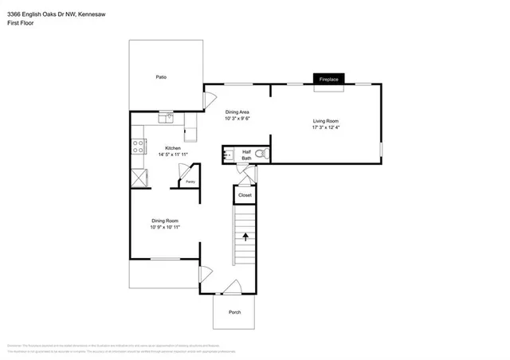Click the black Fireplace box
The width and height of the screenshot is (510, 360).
click(328, 80)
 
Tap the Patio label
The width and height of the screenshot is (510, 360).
click(161, 77)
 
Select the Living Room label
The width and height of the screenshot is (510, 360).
click(326, 120)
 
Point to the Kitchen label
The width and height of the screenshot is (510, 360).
click(173, 148)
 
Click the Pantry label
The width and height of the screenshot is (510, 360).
click(190, 182)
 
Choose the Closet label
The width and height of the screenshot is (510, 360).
click(245, 195)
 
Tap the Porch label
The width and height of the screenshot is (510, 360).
click(235, 311)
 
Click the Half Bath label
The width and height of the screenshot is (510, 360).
click(247, 155)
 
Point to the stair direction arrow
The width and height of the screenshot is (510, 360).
click(245, 236)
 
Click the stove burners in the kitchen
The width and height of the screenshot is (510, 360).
click(139, 146)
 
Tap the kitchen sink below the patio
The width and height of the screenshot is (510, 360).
click(166, 119)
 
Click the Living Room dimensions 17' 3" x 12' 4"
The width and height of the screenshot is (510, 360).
click(326, 127)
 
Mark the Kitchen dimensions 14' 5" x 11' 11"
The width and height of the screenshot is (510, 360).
click(173, 155)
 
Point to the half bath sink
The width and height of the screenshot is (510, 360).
click(229, 154)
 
